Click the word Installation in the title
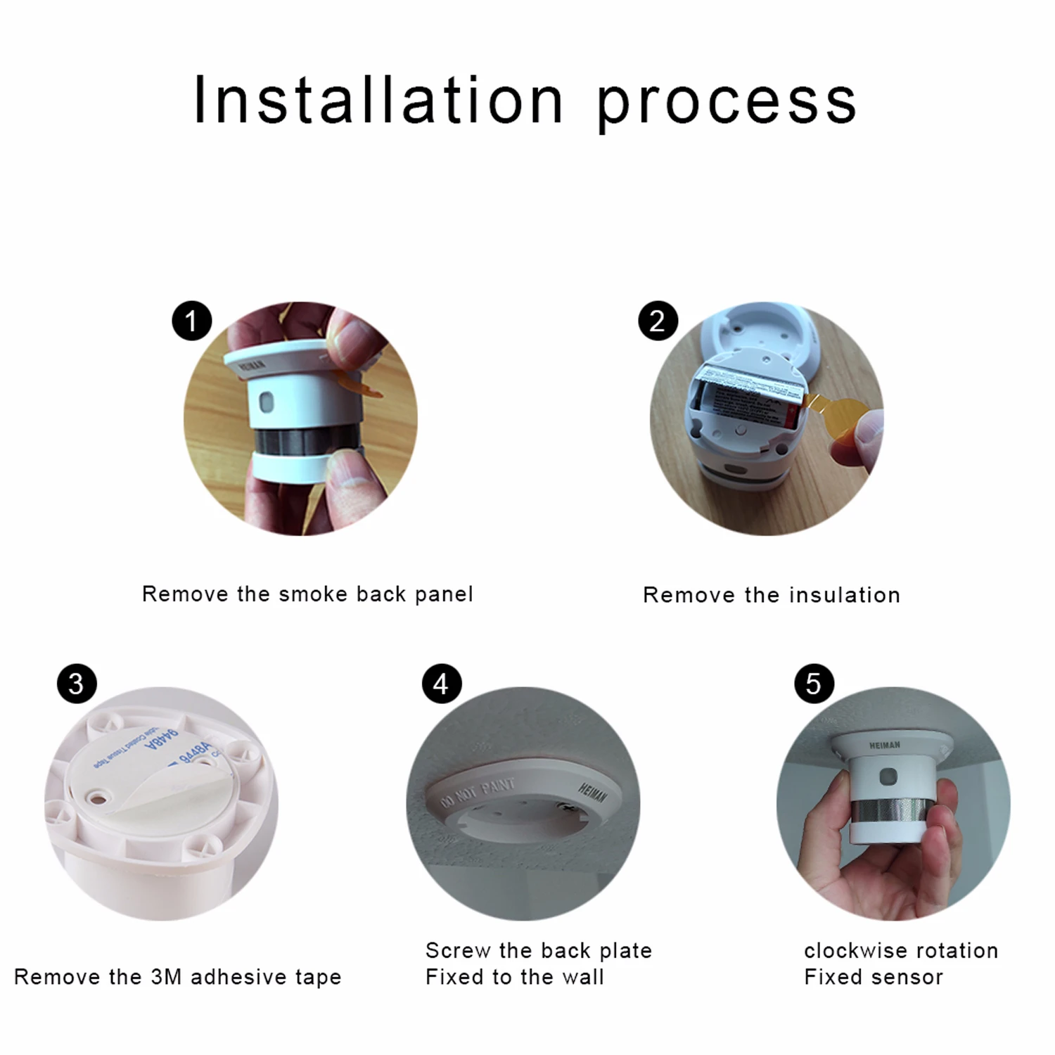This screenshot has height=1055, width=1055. pyautogui.click(x=378, y=101)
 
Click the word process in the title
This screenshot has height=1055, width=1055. pyautogui.click(x=727, y=104)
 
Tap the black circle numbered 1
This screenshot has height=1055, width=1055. pyautogui.click(x=191, y=321)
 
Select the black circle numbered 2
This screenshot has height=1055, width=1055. pyautogui.click(x=658, y=321)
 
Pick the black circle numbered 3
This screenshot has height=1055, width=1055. pyautogui.click(x=76, y=684)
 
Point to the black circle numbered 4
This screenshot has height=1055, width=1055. pyautogui.click(x=441, y=684)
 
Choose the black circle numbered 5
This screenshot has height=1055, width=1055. pyautogui.click(x=814, y=684)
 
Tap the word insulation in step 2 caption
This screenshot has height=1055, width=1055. pyautogui.click(x=844, y=595)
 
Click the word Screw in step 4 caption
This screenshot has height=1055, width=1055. pyautogui.click(x=458, y=950)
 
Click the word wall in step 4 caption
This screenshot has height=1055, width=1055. pyautogui.click(x=583, y=977)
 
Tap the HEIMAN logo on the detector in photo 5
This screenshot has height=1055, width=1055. pyautogui.click(x=884, y=746)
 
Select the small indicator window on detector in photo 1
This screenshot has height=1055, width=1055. pyautogui.click(x=267, y=402)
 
